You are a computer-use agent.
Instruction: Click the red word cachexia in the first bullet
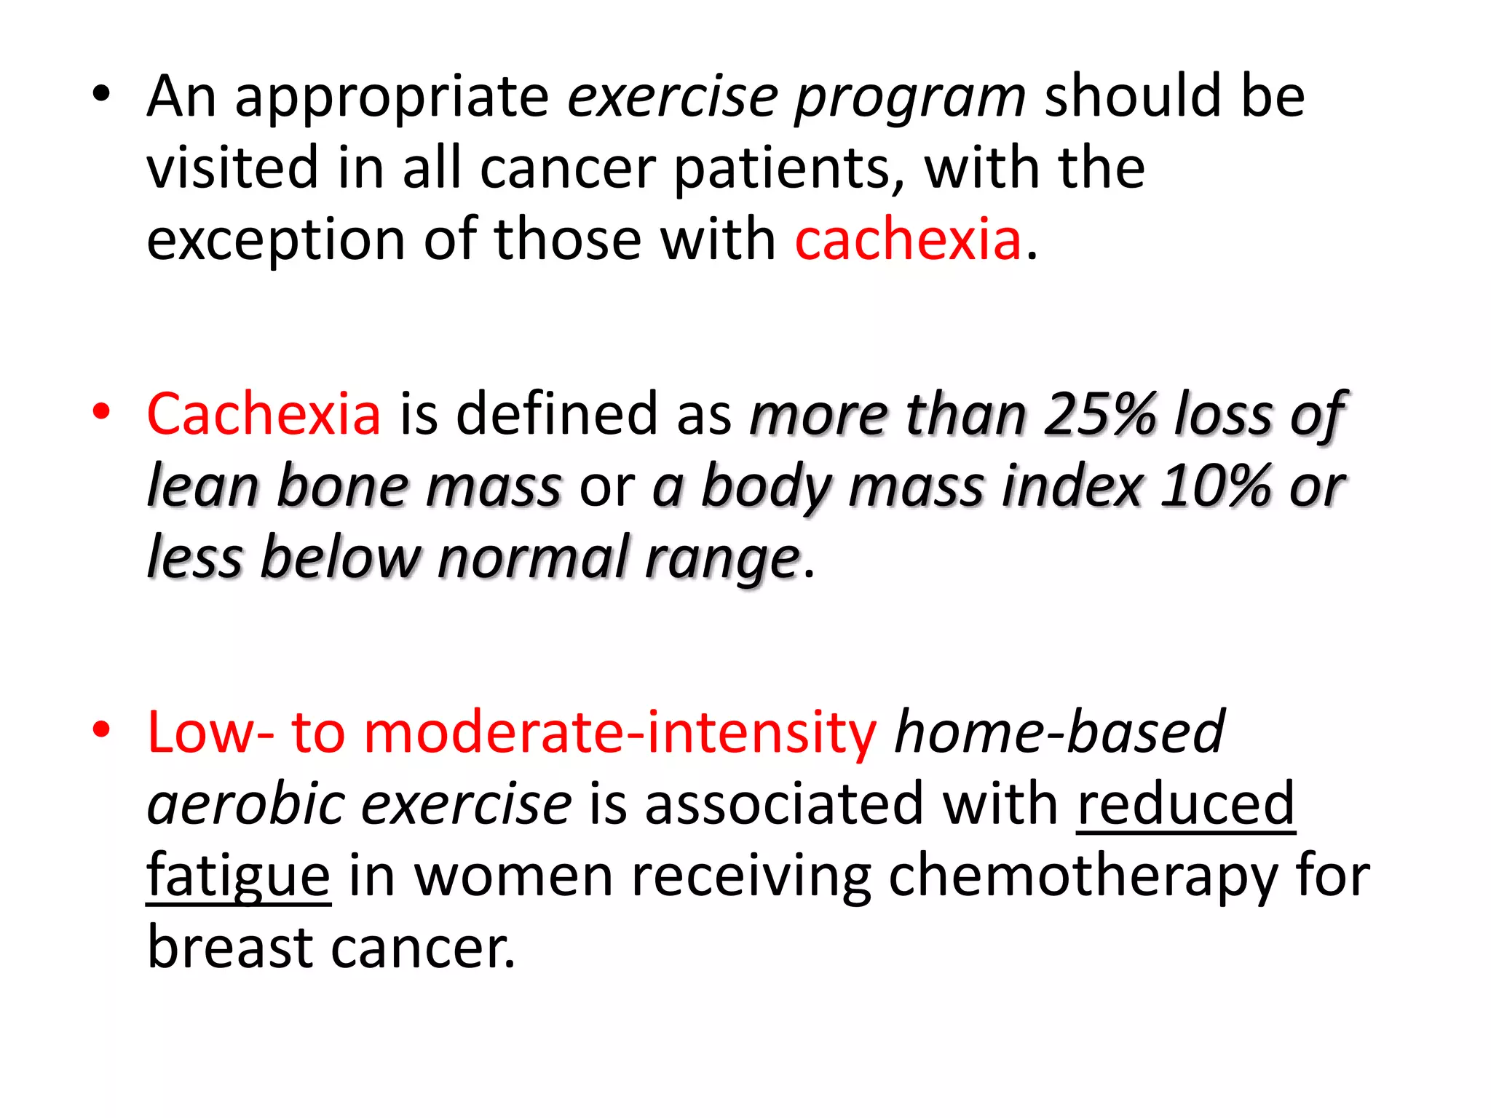coord(908,240)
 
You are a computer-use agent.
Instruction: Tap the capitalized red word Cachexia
coord(264,414)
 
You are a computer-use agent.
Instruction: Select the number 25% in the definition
coord(1099,414)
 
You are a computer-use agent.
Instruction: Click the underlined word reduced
coord(1186,804)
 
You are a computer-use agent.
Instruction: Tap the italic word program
coord(910,97)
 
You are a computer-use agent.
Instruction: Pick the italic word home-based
coord(1059,732)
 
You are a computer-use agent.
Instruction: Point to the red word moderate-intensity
coord(620,732)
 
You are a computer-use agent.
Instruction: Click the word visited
coord(232,167)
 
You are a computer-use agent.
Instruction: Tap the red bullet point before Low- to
coord(101,729)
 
